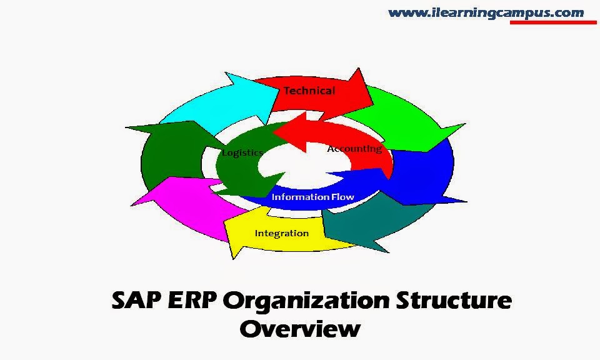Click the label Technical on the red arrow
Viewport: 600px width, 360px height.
[309, 91]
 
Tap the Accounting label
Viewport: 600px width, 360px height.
[354, 149]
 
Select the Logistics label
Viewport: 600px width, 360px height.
[242, 152]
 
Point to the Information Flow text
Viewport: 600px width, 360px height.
[312, 197]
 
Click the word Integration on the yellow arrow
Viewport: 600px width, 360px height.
[281, 233]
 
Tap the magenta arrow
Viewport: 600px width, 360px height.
[175, 200]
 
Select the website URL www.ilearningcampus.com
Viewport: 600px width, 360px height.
[486, 12]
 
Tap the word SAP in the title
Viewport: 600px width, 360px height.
[137, 301]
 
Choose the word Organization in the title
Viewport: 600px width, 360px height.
[306, 301]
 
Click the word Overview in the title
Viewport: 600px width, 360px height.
[299, 329]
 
